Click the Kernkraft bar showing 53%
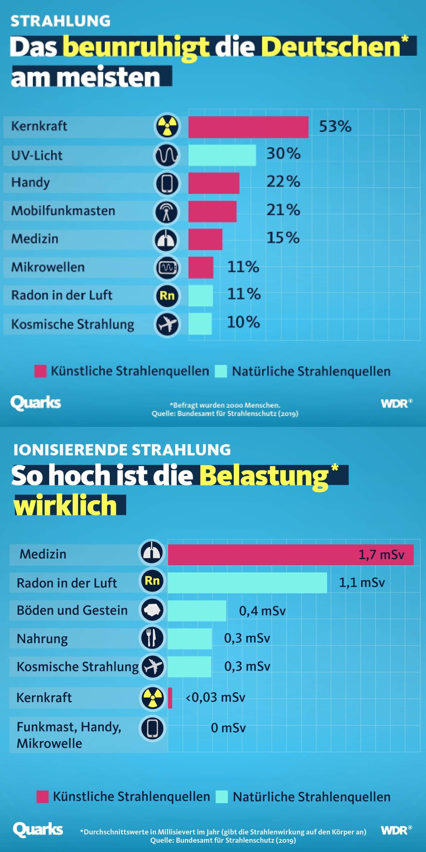248,127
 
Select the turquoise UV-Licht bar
222,155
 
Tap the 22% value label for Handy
283,182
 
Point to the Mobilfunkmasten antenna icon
167,211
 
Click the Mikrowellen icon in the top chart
167,267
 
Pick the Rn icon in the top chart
167,296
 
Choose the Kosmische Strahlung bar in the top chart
200,324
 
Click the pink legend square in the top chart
40,371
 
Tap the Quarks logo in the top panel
36,403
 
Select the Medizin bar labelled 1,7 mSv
290,555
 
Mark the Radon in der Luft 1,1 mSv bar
247,582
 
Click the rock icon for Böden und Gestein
152,610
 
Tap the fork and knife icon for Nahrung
152,638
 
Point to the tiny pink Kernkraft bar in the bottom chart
170,698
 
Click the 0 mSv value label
228,728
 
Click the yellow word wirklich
66,505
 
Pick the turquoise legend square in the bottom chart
222,797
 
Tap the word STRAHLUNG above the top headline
60,21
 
